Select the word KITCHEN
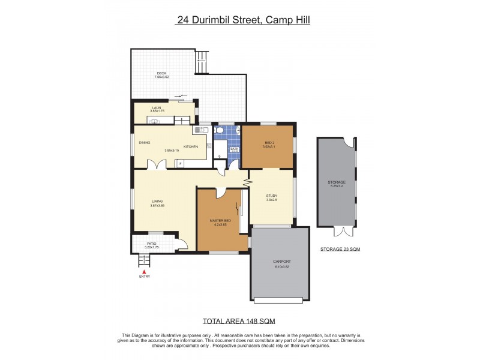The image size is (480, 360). (x=191, y=146)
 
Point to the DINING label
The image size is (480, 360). (x=144, y=142)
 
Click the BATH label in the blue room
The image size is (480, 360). (x=235, y=149)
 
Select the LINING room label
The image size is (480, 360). (x=157, y=202)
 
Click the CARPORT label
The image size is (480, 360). (x=282, y=262)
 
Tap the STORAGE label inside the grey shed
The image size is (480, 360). (x=336, y=182)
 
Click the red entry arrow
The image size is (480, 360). (x=144, y=271)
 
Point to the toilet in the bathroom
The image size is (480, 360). (x=220, y=130)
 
